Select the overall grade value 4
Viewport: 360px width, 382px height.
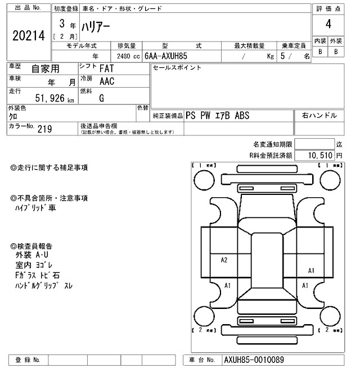click(x=327, y=26)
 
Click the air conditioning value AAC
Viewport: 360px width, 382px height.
click(x=107, y=81)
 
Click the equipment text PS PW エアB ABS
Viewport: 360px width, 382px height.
click(x=217, y=116)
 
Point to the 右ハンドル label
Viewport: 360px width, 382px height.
click(x=319, y=115)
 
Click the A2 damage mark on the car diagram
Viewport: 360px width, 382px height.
click(x=224, y=260)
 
